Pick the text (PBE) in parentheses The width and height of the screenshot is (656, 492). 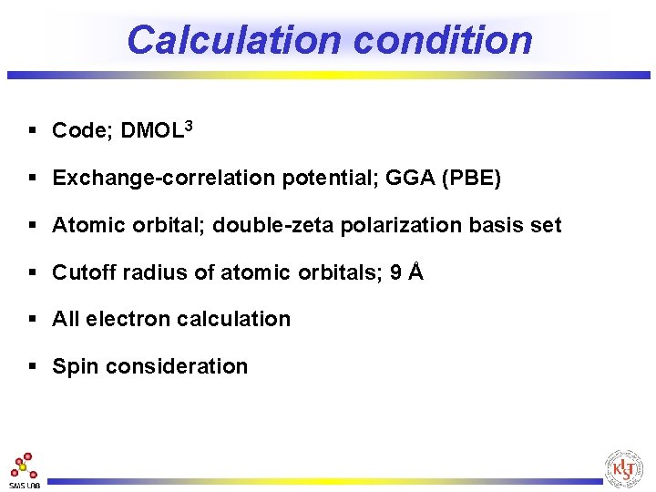pos(470,178)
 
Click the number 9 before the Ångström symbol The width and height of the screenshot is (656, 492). pos(395,272)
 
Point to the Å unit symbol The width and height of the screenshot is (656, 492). pos(416,272)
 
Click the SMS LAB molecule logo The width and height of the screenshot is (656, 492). pos(24,468)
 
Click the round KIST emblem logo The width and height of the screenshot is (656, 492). pos(624,468)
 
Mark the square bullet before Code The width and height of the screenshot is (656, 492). pos(33,131)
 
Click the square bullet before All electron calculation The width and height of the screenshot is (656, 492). pos(33,319)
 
